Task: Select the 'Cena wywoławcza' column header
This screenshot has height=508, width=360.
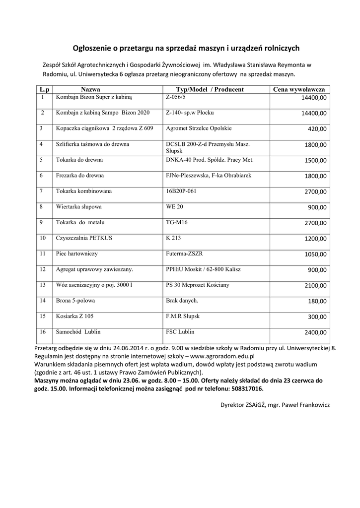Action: [299, 89]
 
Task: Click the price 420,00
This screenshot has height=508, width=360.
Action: [317, 129]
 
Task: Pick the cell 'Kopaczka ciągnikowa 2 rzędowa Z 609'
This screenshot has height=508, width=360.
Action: [104, 128]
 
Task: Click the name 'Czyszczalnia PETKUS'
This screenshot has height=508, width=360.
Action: [84, 238]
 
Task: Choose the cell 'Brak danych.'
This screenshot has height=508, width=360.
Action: [182, 301]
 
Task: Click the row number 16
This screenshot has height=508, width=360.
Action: [43, 331]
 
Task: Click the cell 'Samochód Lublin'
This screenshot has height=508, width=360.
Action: [75, 331]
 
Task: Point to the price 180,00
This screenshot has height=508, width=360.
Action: [317, 301]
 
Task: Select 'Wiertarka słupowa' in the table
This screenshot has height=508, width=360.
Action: [79, 206]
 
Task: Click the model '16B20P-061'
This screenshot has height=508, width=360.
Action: [181, 190]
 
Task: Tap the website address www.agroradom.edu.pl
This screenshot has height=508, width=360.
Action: [222, 356]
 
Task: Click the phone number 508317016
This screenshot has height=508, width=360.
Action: [245, 388]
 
